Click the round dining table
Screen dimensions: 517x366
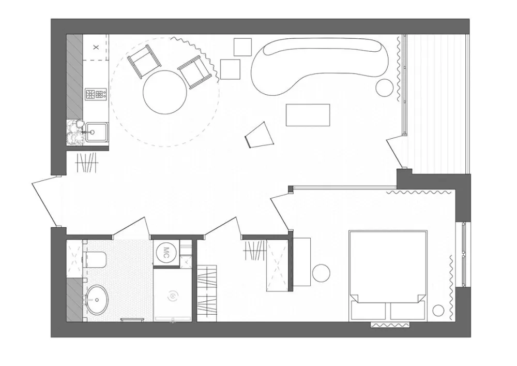[165, 92]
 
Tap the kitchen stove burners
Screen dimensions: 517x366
[96, 94]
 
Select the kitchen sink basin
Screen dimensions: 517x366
[96, 132]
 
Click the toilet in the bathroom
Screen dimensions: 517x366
[95, 260]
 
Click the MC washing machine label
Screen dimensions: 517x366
[166, 253]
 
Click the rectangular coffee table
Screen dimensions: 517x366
[308, 115]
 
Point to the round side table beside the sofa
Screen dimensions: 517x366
[385, 88]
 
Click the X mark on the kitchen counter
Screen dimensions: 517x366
[96, 47]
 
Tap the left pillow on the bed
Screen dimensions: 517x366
[369, 310]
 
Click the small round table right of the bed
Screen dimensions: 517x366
[438, 311]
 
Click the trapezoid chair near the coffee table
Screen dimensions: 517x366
[260, 135]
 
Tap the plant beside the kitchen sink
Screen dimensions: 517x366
[75, 131]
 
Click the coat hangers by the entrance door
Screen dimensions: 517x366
[87, 163]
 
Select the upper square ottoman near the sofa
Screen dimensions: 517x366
[242, 47]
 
